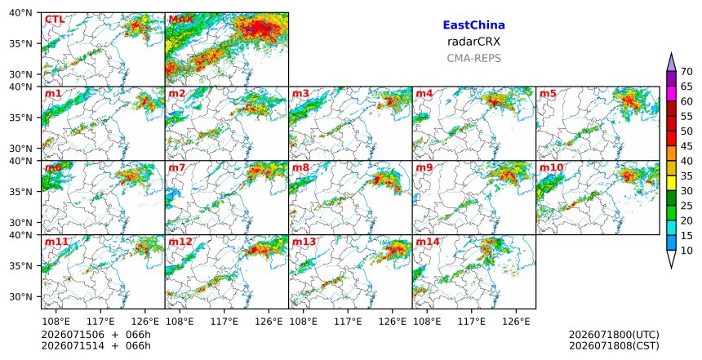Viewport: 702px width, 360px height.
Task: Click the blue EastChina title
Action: pos(473,25)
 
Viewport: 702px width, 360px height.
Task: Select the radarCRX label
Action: pos(473,42)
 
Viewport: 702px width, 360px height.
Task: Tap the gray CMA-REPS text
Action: pos(473,58)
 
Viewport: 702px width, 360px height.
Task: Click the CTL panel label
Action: pos(55,20)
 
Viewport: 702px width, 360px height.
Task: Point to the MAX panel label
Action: pos(180,20)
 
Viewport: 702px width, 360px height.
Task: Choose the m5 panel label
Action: pos(548,94)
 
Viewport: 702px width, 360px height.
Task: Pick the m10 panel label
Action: pos(552,167)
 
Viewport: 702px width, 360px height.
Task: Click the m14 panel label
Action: pos(428,242)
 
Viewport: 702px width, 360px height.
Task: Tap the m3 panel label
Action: pos(300,94)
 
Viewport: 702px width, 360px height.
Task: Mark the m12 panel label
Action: pos(180,242)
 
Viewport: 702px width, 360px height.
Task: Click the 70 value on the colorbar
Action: pos(686,72)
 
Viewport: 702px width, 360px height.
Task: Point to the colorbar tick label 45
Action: pos(686,146)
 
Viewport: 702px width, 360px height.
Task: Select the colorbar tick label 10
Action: pos(686,251)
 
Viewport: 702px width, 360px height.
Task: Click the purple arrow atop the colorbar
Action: pos(671,62)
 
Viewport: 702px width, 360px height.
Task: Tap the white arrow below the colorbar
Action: pos(671,260)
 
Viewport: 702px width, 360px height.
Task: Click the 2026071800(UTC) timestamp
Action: pos(614,335)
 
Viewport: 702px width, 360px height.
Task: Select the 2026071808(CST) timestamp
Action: pos(614,345)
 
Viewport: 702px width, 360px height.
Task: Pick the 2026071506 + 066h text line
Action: pos(96,335)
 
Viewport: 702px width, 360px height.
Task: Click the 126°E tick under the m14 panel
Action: pos(516,322)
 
